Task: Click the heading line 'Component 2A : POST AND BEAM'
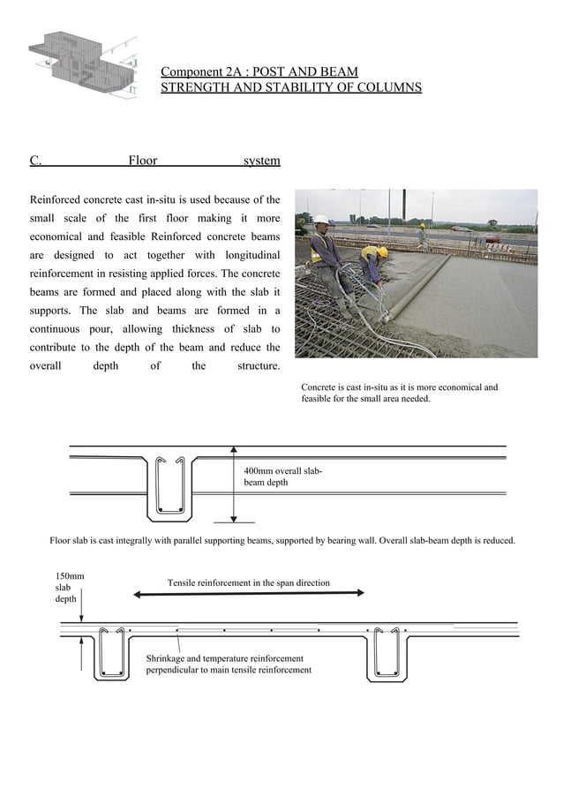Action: click(x=259, y=71)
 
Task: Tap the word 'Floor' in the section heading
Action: click(x=143, y=161)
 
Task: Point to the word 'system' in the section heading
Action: click(x=261, y=161)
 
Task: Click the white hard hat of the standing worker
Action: click(x=321, y=220)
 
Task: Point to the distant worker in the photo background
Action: click(x=422, y=235)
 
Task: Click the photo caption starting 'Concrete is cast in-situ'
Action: click(x=399, y=393)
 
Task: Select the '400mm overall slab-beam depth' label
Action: click(x=282, y=477)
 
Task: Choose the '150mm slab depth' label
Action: click(x=70, y=587)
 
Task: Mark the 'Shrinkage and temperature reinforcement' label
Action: click(x=228, y=665)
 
